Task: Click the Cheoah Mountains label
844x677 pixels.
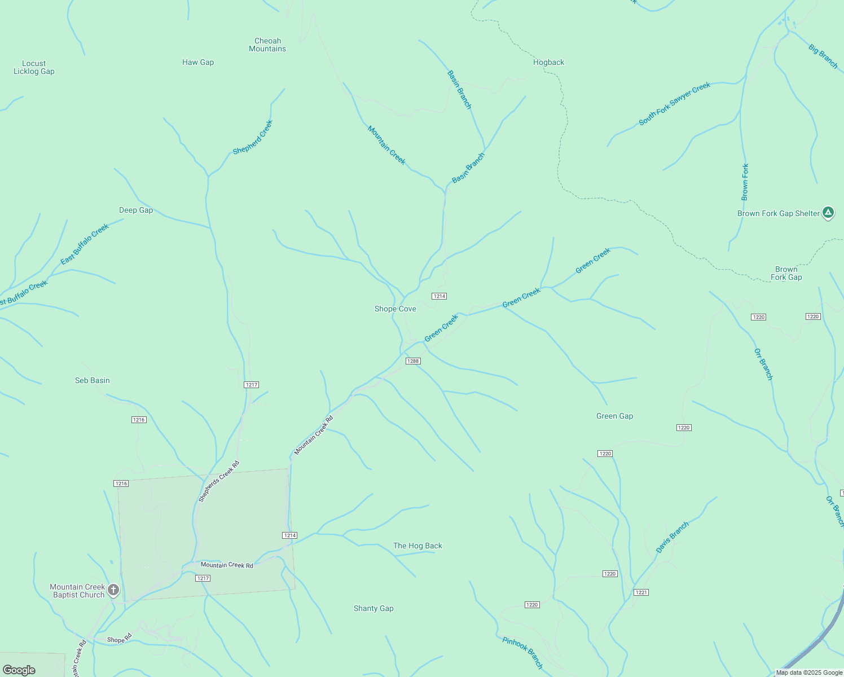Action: [x=267, y=45]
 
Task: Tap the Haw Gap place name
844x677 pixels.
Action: [x=198, y=63]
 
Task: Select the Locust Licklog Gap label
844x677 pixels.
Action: [x=34, y=68]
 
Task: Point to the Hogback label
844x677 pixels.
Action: [x=548, y=63]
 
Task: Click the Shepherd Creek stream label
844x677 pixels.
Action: [x=253, y=137]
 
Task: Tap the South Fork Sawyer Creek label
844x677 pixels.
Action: [x=674, y=104]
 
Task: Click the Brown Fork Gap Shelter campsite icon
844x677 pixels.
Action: [x=828, y=213]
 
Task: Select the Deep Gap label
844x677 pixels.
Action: [x=136, y=210]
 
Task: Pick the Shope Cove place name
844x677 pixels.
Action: [x=395, y=309]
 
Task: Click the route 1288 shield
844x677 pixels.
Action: [x=413, y=361]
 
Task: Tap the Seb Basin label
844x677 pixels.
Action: [x=93, y=381]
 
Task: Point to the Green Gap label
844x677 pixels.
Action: [x=614, y=416]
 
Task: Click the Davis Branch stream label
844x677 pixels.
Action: [x=672, y=537]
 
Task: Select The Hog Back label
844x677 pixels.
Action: [x=417, y=546]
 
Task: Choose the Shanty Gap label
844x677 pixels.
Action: [x=373, y=609]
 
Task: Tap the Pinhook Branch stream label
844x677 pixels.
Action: [x=522, y=653]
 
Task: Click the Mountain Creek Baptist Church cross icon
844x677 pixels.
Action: [x=113, y=590]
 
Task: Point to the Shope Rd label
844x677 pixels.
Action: [x=119, y=639]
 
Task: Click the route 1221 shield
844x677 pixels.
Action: [x=641, y=592]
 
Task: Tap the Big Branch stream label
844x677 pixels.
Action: [x=823, y=56]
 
